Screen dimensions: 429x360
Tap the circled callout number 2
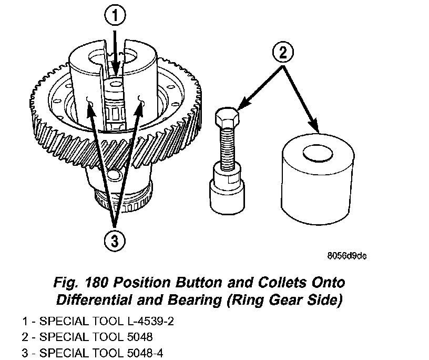(x=283, y=52)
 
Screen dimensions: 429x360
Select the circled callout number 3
(x=116, y=241)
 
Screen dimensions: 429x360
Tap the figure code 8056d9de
(x=345, y=256)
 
